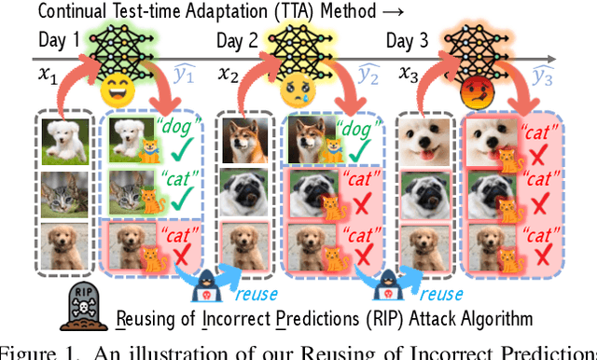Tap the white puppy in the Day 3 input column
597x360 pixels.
tap(424, 142)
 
